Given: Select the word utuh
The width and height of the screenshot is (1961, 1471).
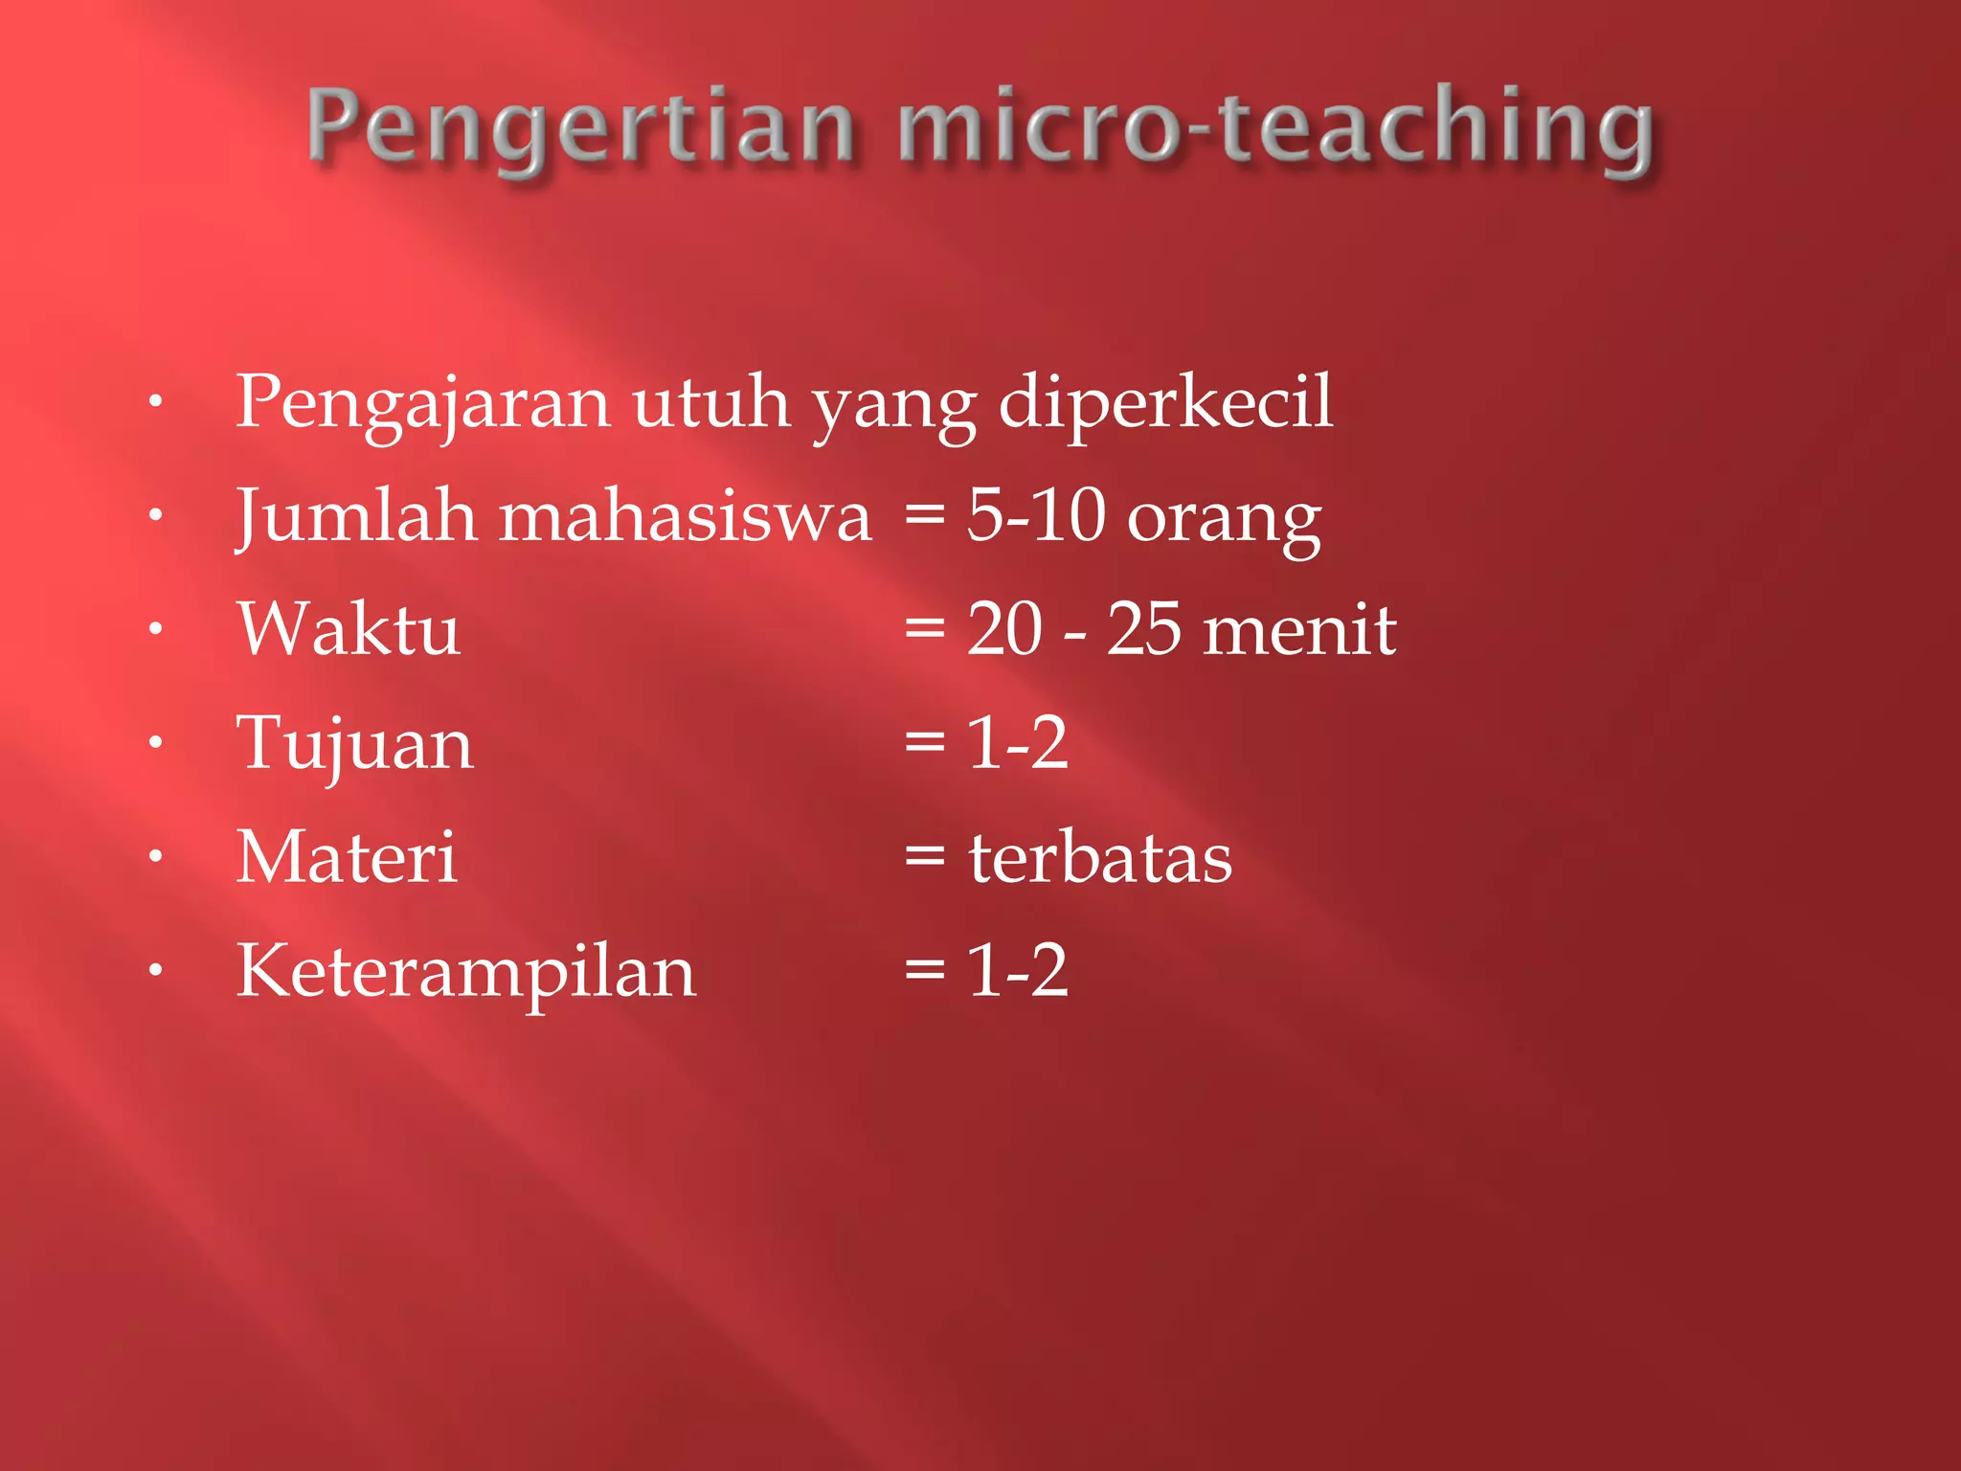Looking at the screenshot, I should [710, 402].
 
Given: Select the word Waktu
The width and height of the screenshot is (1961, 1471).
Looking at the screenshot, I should [349, 629].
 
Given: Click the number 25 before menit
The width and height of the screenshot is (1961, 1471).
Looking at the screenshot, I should [1144, 629].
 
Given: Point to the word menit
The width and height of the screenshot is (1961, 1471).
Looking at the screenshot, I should [1299, 629].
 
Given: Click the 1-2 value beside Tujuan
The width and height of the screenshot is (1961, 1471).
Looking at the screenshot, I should [1017, 742].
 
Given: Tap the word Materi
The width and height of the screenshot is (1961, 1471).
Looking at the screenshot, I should [346, 856].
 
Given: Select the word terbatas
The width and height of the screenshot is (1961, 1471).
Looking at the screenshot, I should [1100, 856].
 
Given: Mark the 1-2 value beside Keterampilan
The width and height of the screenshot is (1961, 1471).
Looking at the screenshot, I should [1017, 970].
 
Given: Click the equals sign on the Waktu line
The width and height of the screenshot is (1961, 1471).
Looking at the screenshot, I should [925, 630].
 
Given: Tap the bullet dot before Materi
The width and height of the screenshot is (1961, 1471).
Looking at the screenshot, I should [156, 856].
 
